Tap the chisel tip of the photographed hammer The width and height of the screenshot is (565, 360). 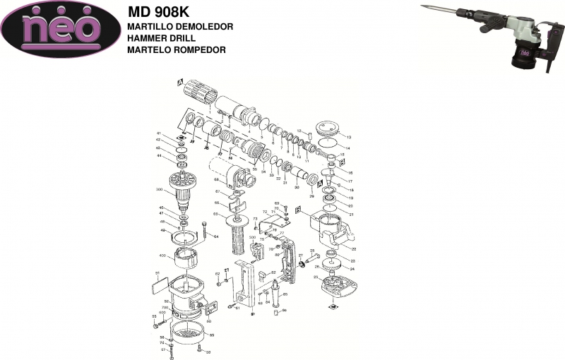[424, 7]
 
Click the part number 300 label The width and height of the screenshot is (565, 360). [159, 189]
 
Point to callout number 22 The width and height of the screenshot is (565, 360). [353, 248]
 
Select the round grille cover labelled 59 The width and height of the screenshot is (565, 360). [191, 335]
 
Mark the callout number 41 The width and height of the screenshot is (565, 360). [159, 134]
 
